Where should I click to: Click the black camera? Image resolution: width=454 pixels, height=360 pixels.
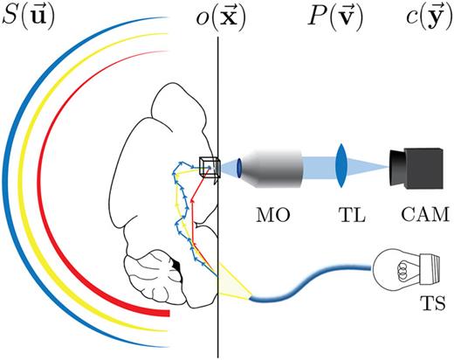click(x=417, y=166)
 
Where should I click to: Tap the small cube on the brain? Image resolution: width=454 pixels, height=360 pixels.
click(x=209, y=166)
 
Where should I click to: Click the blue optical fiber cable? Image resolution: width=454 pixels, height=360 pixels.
click(x=314, y=280)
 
